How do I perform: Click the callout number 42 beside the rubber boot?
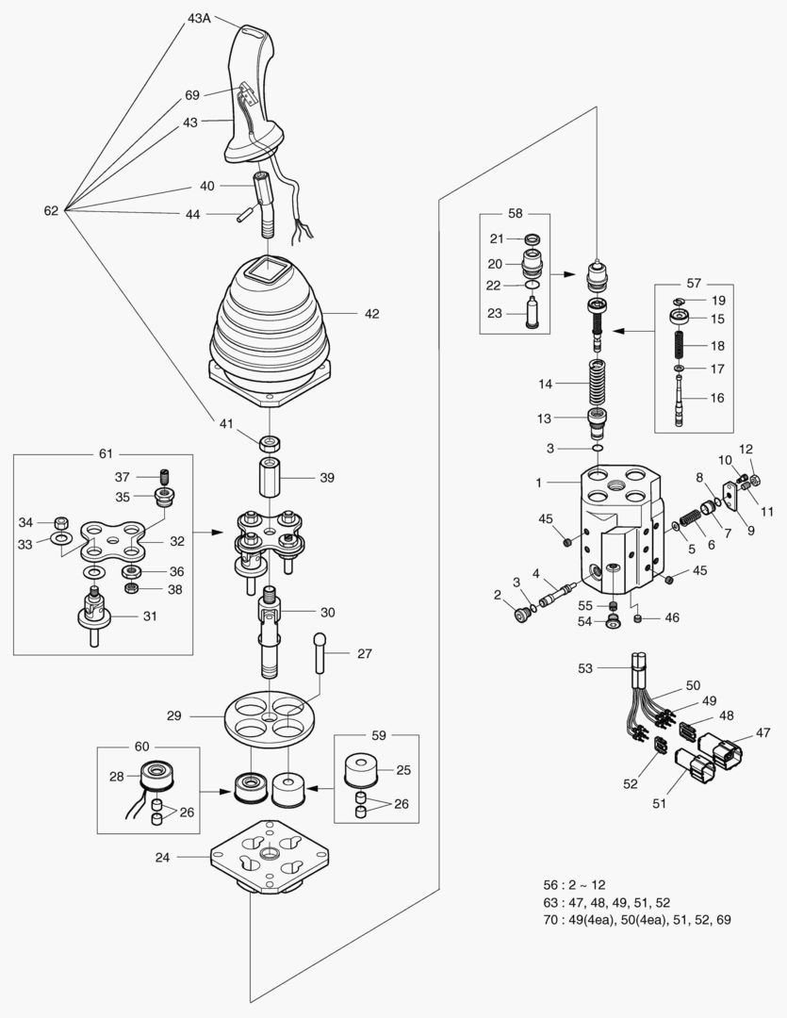tap(371, 314)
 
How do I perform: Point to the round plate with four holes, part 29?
tap(271, 717)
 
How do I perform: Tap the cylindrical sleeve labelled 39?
tap(271, 479)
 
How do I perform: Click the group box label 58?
tap(515, 214)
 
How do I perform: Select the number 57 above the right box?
tap(694, 283)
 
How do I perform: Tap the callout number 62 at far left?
tap(51, 211)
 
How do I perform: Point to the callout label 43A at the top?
tap(199, 18)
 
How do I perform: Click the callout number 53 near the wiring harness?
tap(586, 668)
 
